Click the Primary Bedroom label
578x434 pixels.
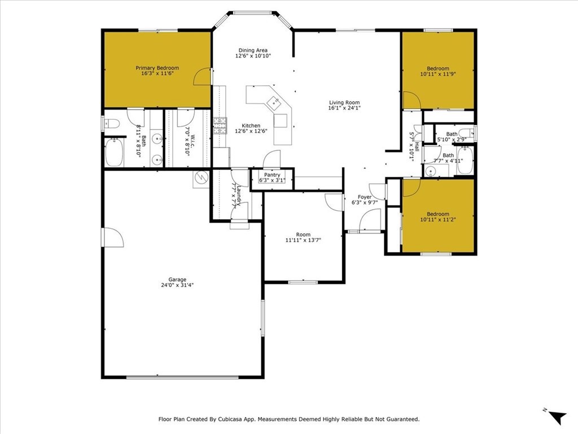157,68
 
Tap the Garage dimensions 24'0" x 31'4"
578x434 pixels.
177,285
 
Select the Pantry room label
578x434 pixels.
272,175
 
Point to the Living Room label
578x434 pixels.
344,103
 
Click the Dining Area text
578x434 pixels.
252,50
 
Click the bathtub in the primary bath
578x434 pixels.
115,153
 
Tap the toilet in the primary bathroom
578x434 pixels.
111,123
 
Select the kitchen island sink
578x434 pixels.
274,102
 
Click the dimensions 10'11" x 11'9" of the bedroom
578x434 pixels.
438,74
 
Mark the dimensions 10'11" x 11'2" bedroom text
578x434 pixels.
438,220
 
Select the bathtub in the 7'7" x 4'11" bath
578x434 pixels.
465,160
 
